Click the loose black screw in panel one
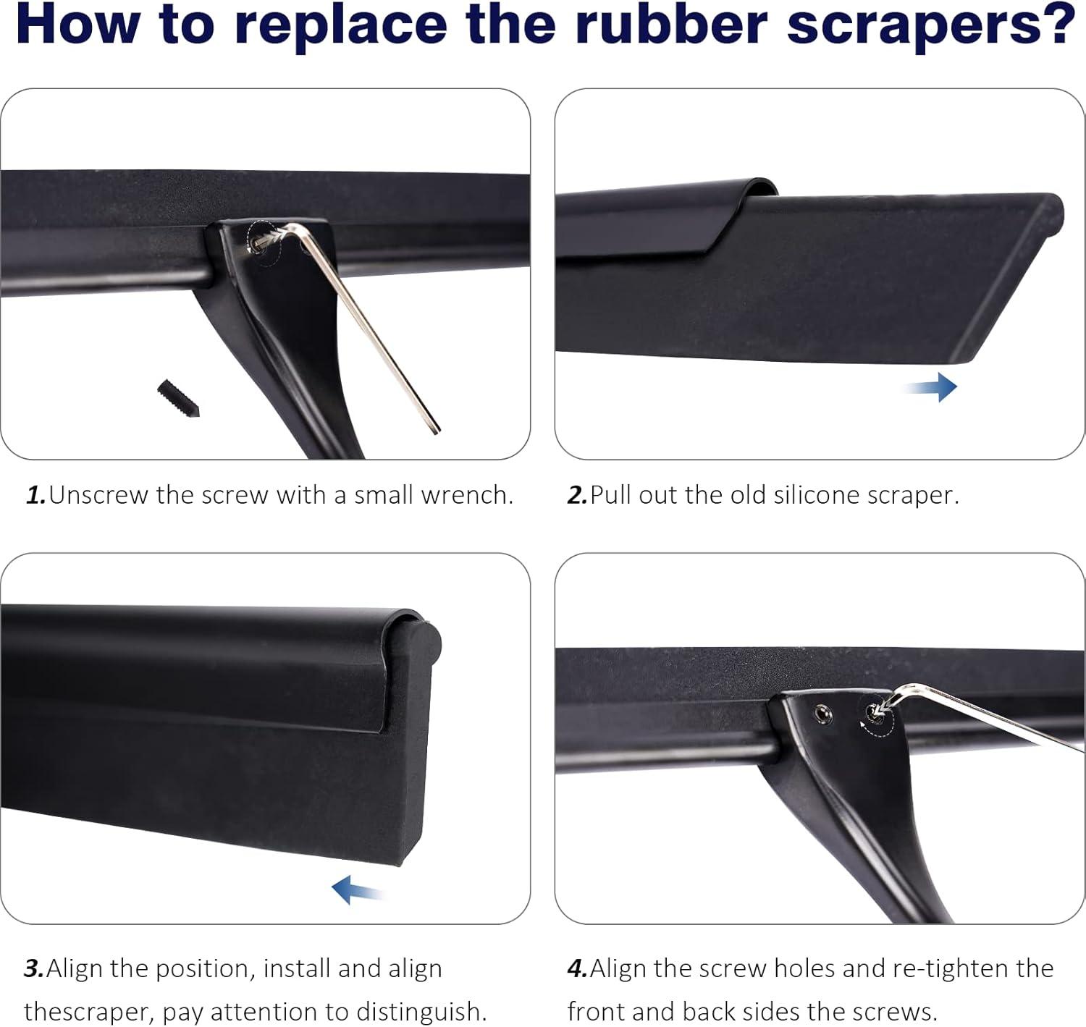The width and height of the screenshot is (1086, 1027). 178,398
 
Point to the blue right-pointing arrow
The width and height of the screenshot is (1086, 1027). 931,387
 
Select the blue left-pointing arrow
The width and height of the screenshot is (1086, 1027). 358,889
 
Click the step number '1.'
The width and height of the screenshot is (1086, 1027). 36,495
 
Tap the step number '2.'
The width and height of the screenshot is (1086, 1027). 577,495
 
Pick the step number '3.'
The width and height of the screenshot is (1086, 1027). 34,968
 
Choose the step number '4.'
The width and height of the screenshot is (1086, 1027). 578,968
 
